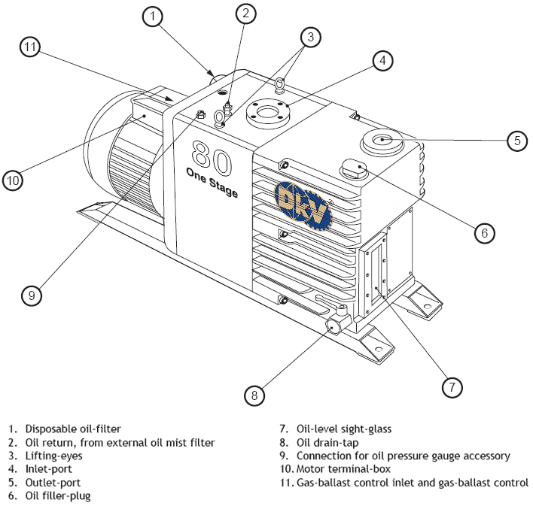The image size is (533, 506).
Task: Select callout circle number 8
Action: [x=255, y=393]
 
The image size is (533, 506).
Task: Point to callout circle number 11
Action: [x=30, y=47]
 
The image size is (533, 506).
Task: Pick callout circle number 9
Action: [x=31, y=295]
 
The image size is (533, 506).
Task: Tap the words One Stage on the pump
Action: [x=212, y=183]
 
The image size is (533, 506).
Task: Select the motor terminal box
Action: [x=147, y=111]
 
